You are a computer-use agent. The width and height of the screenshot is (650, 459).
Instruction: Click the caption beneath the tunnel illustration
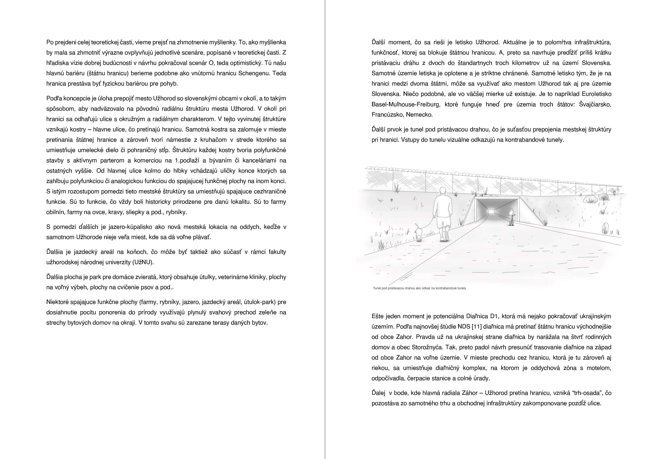click(x=419, y=288)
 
